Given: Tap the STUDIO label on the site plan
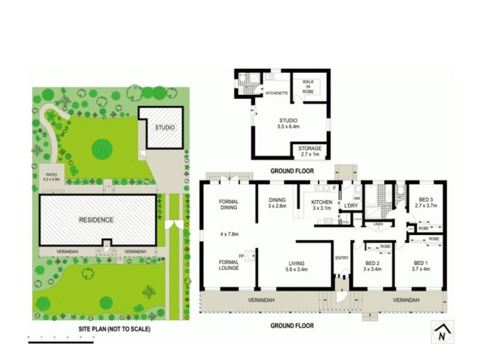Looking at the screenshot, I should click(164, 128).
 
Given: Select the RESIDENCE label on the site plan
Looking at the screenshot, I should click(96, 220).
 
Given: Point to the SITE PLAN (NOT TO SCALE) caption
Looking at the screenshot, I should click(114, 329).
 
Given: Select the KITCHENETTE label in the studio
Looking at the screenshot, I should click(277, 94).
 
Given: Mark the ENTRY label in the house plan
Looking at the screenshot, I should click(342, 259).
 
